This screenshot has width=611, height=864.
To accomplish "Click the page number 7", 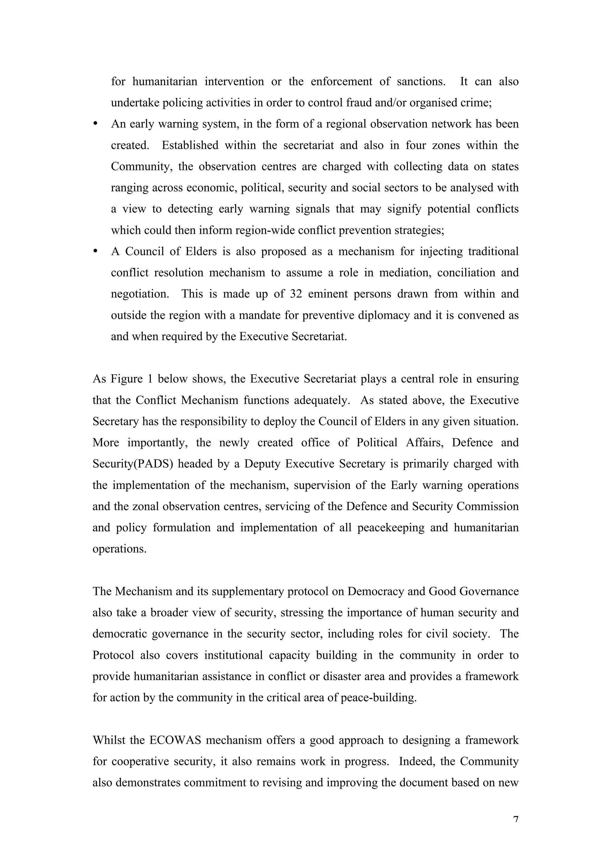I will [x=516, y=819].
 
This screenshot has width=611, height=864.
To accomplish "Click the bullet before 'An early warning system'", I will [x=95, y=124].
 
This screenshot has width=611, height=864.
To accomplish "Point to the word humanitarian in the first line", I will [x=165, y=82].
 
